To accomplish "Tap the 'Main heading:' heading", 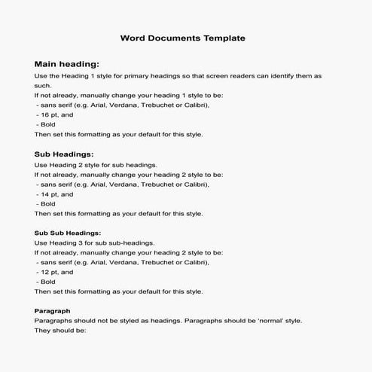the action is coord(67,65).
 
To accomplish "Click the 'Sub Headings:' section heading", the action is coord(64,154).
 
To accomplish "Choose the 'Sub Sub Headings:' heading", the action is coord(68,233).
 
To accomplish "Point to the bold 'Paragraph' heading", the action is coord(53,310).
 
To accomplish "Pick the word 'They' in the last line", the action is coord(43,330).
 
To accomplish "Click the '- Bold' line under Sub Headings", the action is coord(45,203).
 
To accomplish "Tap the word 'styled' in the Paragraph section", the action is coord(117,320).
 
